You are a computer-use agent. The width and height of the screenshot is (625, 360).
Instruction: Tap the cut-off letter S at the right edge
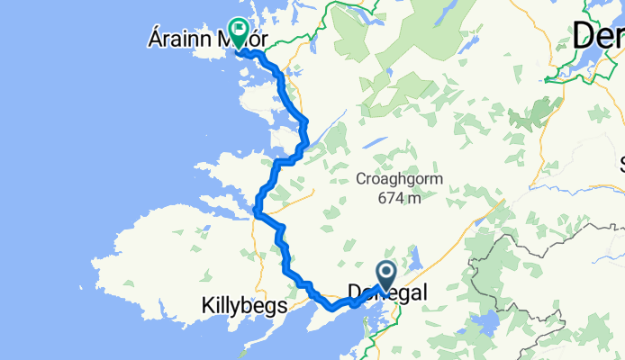[x=620, y=164]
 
